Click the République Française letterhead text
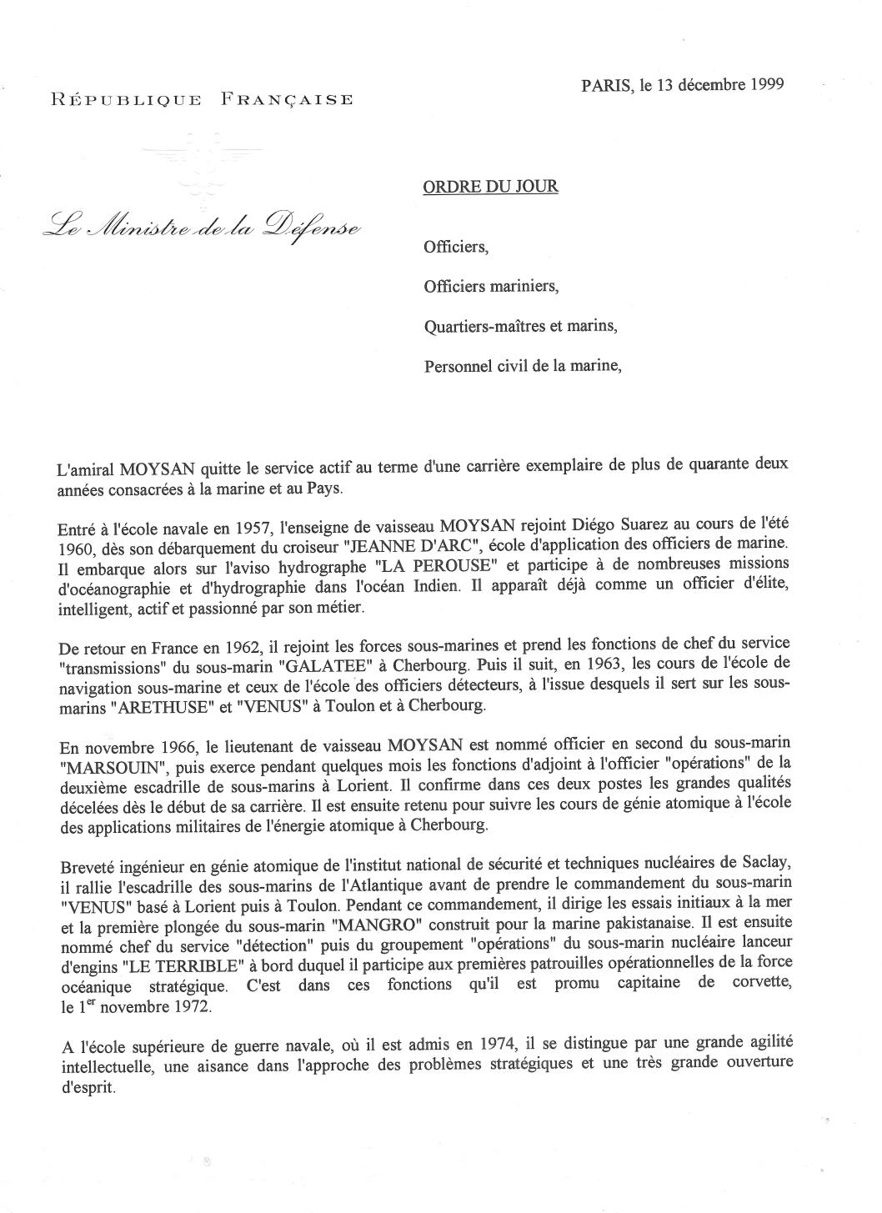(x=202, y=100)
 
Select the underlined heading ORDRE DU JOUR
(x=490, y=187)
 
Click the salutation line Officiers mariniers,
(x=490, y=286)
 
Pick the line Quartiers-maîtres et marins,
(x=520, y=325)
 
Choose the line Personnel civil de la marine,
(x=523, y=364)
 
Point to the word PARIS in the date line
(x=605, y=84)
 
